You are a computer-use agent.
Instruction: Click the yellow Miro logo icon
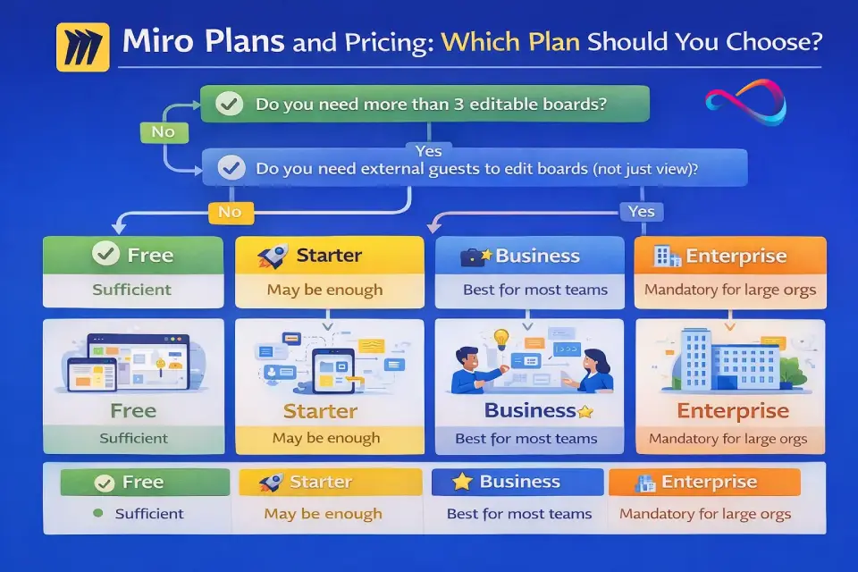click(x=82, y=47)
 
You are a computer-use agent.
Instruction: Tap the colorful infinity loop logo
click(x=745, y=102)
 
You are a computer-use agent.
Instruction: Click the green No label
click(x=164, y=132)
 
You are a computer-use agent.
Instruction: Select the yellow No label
click(x=231, y=212)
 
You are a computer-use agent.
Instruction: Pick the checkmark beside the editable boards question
click(x=230, y=104)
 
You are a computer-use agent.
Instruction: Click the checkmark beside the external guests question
click(x=231, y=167)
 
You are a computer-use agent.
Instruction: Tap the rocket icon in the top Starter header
click(x=273, y=257)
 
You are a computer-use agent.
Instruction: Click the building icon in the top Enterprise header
click(x=667, y=257)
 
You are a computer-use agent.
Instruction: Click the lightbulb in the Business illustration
click(x=500, y=338)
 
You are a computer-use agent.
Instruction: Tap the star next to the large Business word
click(x=585, y=411)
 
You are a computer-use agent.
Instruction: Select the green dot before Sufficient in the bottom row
click(x=98, y=513)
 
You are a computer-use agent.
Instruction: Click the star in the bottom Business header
click(x=462, y=482)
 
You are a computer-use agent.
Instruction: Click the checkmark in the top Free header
click(x=105, y=254)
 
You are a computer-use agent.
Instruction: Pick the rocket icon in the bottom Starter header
click(x=271, y=483)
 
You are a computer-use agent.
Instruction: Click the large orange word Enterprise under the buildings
click(x=733, y=410)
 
